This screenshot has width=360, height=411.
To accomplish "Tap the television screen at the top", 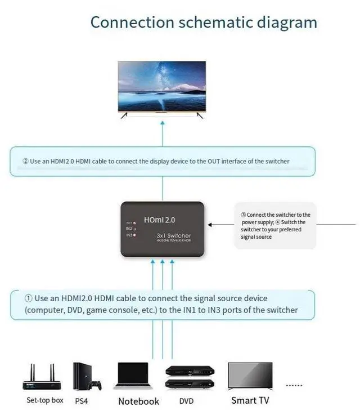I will click(162, 87).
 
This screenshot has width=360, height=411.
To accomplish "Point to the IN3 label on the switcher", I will click(129, 235).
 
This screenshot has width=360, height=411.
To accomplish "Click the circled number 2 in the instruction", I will click(25, 162).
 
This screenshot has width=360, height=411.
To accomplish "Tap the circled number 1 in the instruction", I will click(28, 298).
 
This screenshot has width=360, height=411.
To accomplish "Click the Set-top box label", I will click(45, 400).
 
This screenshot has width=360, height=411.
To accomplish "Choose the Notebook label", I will click(138, 401).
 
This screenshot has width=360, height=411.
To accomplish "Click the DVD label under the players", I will click(186, 401).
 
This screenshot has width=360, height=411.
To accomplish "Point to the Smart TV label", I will click(250, 400).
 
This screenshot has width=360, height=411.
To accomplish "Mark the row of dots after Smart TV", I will click(294, 386).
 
